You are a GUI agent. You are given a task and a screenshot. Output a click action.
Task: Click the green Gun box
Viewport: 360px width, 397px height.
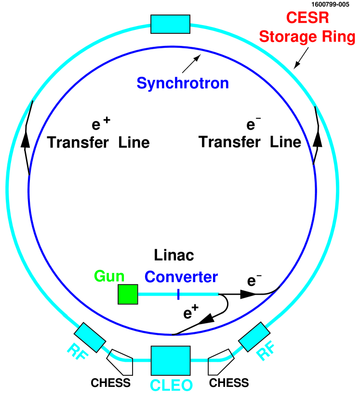(128, 294)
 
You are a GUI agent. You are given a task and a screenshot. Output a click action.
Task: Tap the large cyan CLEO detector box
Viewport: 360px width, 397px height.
(171, 360)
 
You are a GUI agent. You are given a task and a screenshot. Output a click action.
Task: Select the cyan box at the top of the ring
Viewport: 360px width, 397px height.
(171, 24)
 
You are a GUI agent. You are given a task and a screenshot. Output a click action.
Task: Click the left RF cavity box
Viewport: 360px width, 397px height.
(90, 338)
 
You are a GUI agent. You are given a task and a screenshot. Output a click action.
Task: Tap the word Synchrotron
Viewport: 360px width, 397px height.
(183, 83)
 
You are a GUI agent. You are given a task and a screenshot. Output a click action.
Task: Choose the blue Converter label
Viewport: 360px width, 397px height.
(181, 277)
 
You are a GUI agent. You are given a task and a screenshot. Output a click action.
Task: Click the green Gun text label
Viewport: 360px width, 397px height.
(109, 276)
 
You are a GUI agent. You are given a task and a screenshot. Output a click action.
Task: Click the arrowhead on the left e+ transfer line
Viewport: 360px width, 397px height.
(25, 140)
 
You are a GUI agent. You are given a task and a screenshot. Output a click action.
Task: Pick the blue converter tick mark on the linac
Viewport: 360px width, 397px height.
(178, 294)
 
